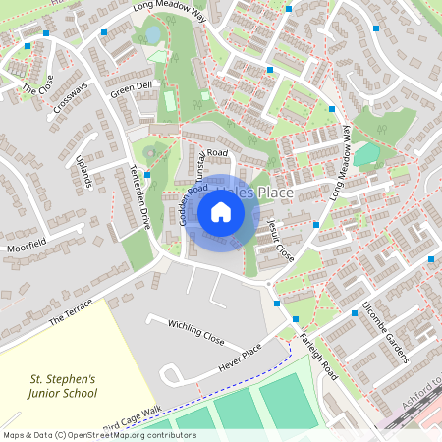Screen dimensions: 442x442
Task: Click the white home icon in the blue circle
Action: [x=221, y=211]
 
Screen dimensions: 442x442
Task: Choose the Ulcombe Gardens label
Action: [x=384, y=331]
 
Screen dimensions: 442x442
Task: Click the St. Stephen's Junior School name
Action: [x=64, y=386]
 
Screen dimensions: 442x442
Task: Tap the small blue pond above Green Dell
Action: [x=153, y=35]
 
